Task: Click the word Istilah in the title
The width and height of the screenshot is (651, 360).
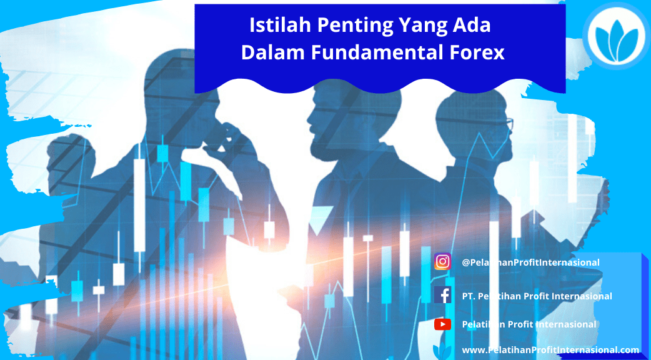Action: point(281,25)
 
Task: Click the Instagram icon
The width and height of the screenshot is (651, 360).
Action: point(442,262)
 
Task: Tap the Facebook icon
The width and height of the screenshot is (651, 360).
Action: point(442,295)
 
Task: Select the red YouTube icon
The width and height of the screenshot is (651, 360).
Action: point(442,324)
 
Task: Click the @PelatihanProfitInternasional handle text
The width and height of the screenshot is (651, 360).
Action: point(530,262)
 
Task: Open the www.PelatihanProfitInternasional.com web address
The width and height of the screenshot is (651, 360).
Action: point(550,350)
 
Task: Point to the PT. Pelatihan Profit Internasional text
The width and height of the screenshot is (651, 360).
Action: point(537,296)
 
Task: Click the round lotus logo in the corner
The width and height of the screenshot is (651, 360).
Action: point(617,36)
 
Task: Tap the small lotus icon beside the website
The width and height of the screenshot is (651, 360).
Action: point(442,351)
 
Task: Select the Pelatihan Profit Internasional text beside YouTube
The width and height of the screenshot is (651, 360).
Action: point(529,324)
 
